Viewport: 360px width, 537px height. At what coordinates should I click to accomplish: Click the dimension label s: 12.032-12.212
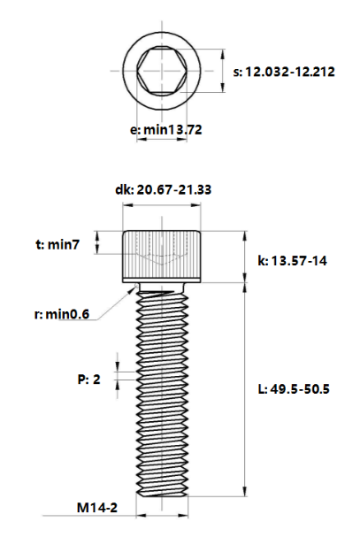click(283, 72)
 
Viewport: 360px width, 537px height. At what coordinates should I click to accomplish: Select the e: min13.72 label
click(166, 130)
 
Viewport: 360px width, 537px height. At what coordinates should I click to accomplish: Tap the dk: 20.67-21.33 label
click(163, 189)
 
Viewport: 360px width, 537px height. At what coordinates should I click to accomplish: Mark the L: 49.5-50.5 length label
click(293, 389)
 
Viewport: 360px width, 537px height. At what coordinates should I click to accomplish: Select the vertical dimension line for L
click(244, 372)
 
